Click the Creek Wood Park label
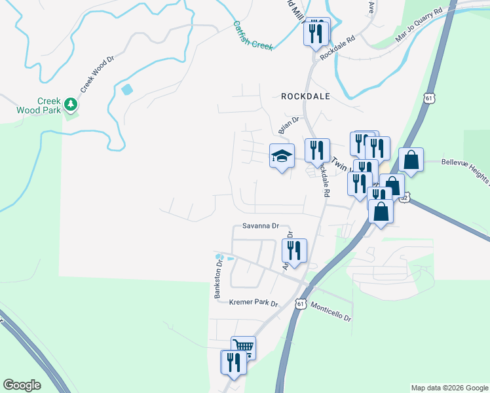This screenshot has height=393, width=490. click(39, 105)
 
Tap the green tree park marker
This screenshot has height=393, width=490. click(69, 104)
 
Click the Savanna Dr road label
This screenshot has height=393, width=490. click(261, 226)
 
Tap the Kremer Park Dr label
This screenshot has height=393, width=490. click(254, 303)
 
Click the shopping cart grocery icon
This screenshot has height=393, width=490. click(243, 347)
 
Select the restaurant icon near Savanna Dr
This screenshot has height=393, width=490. click(294, 250)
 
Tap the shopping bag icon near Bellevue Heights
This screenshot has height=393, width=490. click(411, 160)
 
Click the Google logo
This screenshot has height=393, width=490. click(22, 385)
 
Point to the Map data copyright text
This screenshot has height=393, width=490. click(449, 388)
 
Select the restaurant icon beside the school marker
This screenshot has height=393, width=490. click(317, 150)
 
